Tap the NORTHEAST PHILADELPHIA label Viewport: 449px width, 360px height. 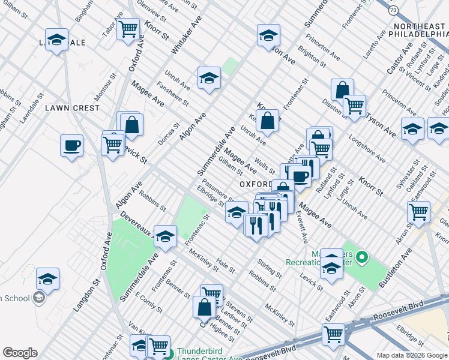coord(420,31)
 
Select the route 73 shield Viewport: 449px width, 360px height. coord(393,10)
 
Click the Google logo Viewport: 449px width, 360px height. coord(19,353)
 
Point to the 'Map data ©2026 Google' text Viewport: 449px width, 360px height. coord(412,355)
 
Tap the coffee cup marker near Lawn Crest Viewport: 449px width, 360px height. coord(71,145)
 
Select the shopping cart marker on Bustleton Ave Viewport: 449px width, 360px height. coord(418,211)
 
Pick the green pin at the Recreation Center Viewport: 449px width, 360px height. coord(361,258)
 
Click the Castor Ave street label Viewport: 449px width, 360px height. coord(399,58)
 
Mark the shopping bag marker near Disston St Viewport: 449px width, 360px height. coord(342,90)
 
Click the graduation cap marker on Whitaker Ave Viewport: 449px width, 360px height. coord(209,78)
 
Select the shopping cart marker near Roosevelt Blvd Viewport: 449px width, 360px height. coord(333,334)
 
